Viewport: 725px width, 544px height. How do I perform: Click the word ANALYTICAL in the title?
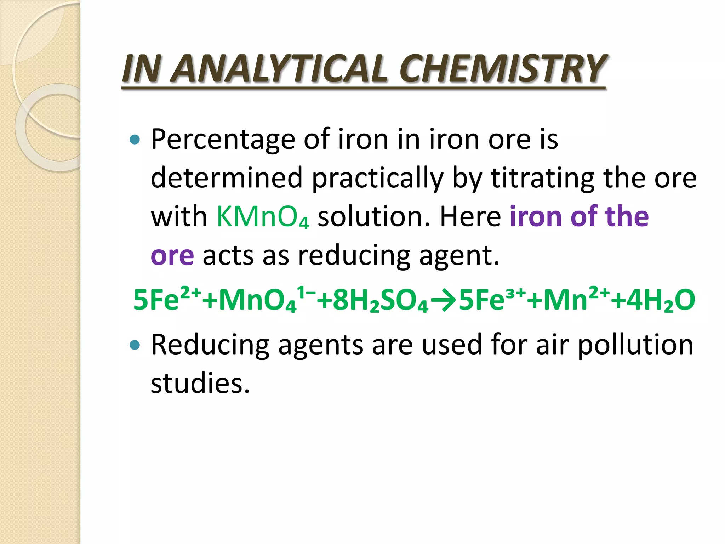pos(279,69)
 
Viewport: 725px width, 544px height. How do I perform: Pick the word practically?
pos(377,178)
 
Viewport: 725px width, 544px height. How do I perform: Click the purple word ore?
pos(172,255)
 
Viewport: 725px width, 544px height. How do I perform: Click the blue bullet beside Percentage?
pos(135,140)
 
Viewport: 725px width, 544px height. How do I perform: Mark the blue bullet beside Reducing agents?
pos(135,345)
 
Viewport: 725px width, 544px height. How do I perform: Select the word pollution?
pos(635,345)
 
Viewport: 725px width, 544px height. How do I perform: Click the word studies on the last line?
pos(200,384)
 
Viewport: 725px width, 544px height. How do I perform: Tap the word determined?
pos(227,178)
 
